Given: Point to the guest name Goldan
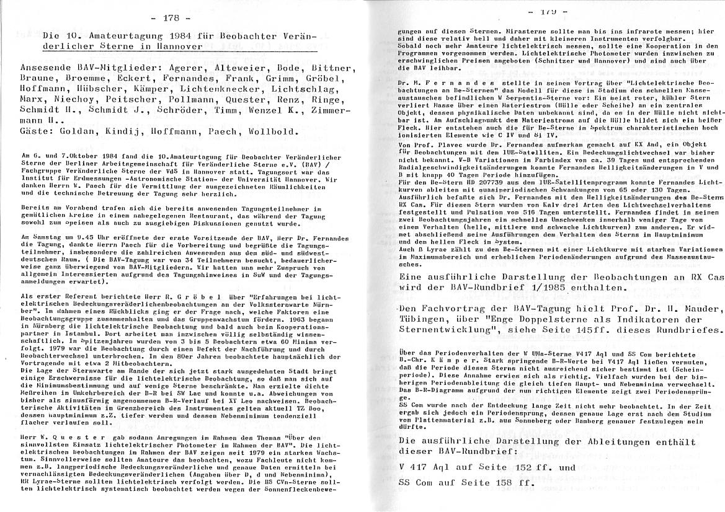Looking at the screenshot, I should pos(71,132).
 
